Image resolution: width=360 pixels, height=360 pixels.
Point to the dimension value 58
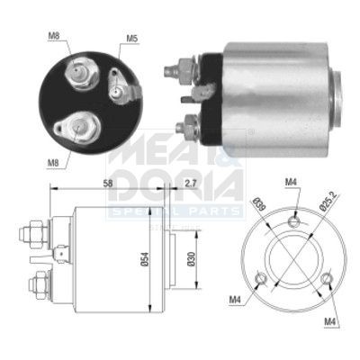[x=108, y=183]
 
